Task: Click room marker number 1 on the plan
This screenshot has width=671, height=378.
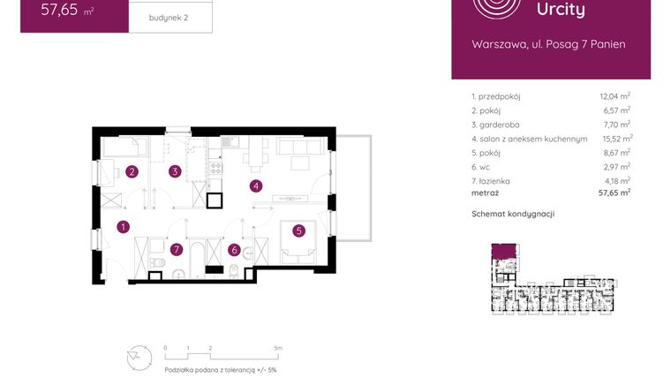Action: tap(123, 227)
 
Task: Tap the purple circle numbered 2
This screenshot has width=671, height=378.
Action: tap(132, 171)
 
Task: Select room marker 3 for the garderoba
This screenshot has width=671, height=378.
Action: tap(176, 171)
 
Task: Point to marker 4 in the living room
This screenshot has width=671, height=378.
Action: tap(256, 185)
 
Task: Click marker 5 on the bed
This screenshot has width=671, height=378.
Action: tap(299, 231)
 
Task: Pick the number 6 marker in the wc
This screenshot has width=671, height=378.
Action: tap(234, 250)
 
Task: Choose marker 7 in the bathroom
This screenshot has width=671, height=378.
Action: tap(177, 250)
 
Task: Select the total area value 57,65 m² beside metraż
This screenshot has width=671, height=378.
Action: tap(614, 192)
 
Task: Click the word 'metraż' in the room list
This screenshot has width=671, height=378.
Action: tap(485, 192)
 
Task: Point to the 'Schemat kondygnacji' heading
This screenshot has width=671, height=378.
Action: tap(513, 214)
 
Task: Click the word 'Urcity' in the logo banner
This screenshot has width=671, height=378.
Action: tap(561, 11)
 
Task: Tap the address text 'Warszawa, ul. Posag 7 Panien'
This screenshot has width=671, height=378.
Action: tap(548, 44)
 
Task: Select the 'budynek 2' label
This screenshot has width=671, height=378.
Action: tap(169, 17)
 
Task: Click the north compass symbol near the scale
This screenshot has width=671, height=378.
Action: tap(134, 358)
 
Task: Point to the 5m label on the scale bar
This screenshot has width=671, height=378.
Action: tap(278, 348)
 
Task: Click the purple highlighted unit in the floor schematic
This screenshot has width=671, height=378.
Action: tap(504, 253)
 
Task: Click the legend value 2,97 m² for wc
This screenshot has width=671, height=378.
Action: tap(614, 167)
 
